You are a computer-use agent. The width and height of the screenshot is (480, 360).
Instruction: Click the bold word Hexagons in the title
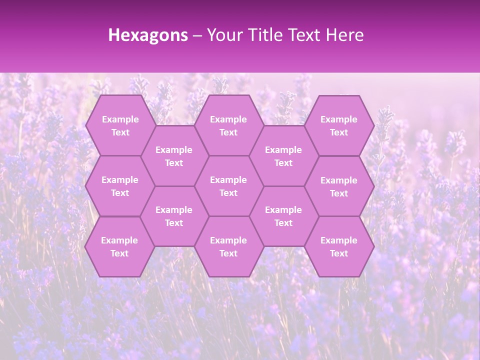[148, 34]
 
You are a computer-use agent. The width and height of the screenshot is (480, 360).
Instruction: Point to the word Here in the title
[344, 34]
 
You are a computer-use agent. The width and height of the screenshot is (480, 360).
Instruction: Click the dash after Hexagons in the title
[197, 35]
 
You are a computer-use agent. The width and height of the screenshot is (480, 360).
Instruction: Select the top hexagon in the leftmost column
[120, 125]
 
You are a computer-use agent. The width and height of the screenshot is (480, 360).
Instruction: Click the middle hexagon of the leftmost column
[120, 186]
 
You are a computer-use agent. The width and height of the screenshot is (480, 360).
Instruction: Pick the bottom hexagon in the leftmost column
[119, 246]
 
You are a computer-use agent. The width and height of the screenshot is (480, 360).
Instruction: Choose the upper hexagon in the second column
[174, 156]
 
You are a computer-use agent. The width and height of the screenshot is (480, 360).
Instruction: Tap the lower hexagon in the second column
[174, 216]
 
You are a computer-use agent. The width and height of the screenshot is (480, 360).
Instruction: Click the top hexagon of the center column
[228, 125]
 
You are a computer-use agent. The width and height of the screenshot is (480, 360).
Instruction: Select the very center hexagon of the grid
[228, 186]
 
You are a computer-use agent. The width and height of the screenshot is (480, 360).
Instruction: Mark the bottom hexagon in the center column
[228, 246]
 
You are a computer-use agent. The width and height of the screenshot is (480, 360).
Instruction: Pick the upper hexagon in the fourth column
[283, 156]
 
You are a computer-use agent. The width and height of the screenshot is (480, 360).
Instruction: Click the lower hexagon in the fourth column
[283, 216]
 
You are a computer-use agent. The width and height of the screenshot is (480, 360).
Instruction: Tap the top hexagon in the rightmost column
[339, 125]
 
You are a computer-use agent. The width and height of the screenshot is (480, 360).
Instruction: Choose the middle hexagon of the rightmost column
[339, 186]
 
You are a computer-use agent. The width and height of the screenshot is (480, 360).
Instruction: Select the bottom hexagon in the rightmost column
[339, 246]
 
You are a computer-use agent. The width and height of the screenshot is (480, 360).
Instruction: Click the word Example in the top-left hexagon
[120, 119]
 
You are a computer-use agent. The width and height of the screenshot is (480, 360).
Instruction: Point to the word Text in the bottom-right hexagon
[339, 253]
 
